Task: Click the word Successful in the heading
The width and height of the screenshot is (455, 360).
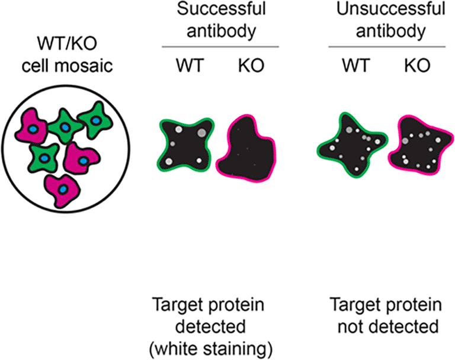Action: tap(222, 8)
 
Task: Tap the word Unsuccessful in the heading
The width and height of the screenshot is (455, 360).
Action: tap(390, 8)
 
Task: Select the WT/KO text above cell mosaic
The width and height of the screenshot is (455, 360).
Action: tap(67, 43)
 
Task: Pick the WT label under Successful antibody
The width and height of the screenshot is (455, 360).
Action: tap(190, 66)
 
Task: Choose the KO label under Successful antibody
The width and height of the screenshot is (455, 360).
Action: tap(251, 66)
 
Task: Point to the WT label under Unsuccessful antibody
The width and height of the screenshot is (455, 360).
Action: tap(356, 66)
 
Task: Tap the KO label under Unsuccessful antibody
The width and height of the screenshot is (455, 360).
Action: tap(417, 66)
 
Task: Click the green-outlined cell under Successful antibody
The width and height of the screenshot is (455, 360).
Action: tap(185, 145)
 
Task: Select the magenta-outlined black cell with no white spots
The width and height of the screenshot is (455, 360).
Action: tap(246, 149)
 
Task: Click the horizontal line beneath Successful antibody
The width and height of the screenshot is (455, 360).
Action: tap(220, 47)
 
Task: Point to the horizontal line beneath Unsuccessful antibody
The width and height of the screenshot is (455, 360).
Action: tap(387, 47)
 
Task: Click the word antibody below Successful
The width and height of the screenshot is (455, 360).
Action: tap(222, 31)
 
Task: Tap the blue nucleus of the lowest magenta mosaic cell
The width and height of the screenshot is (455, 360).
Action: tap(63, 189)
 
